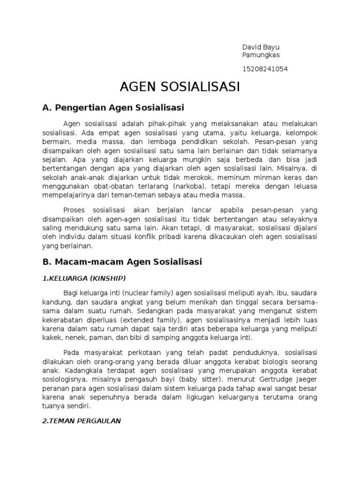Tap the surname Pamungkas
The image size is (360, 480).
click(261, 55)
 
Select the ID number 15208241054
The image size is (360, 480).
click(264, 69)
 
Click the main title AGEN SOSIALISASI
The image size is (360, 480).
click(180, 87)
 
